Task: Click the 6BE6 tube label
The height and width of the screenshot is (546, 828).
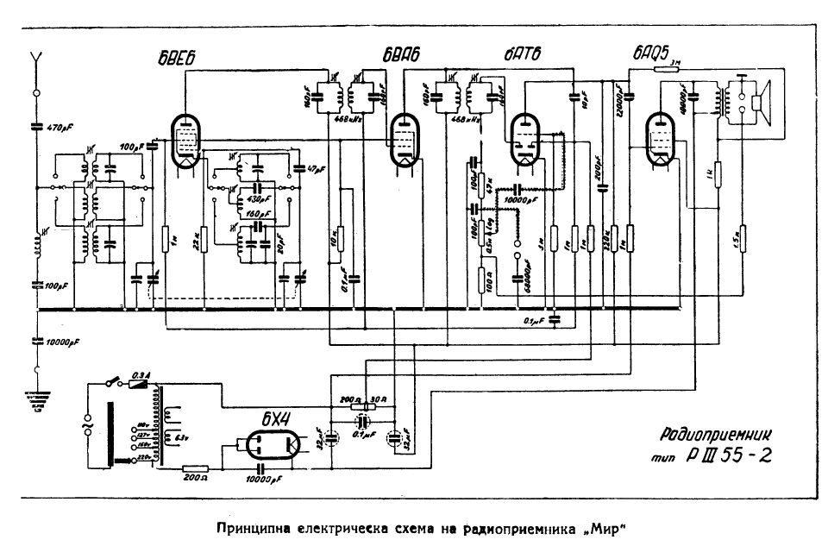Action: tap(179, 58)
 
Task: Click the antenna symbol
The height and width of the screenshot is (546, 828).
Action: tap(36, 60)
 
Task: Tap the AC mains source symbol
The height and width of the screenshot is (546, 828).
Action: tap(88, 424)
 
